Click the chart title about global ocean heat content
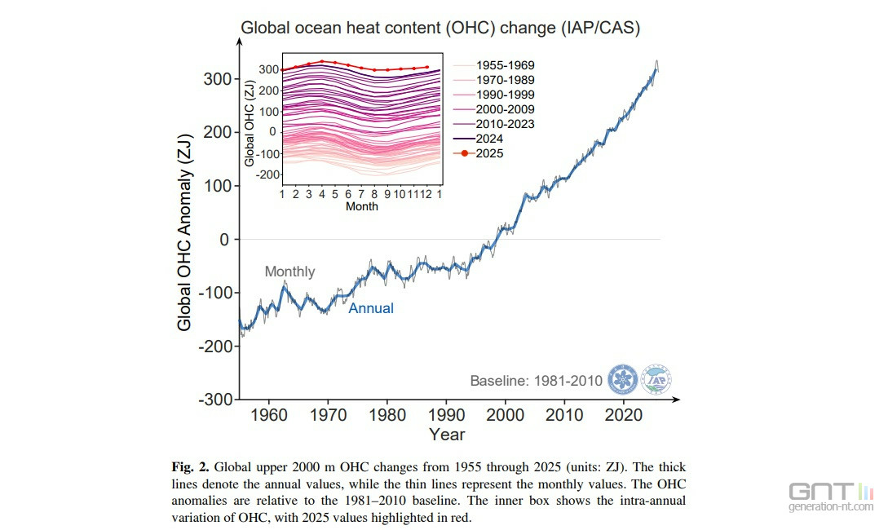[440, 28]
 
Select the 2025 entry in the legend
[491, 153]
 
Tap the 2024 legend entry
[491, 139]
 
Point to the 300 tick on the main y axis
[216, 79]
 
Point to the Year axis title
[447, 435]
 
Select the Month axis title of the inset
[361, 206]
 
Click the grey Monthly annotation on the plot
[289, 272]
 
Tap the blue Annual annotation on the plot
[371, 308]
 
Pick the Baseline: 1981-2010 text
[536, 381]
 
